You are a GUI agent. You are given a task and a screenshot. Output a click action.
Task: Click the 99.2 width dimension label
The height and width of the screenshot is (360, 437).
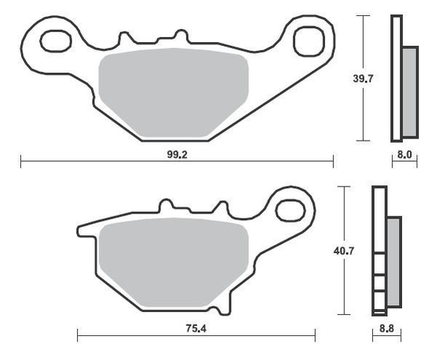coord(177,154)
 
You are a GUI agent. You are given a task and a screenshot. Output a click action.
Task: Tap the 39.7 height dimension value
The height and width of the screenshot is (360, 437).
coord(363,79)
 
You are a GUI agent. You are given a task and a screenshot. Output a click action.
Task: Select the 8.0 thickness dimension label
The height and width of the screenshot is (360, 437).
coord(404,154)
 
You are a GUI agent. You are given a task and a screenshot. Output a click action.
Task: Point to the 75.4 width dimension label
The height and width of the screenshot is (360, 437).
coord(196,329)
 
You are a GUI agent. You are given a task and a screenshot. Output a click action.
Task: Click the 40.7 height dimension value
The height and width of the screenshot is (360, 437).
coord(344,251)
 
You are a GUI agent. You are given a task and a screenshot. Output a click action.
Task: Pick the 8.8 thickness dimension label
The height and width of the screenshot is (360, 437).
coord(387,329)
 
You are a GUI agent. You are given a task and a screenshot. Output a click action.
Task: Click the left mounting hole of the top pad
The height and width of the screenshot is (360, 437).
coord(56,42)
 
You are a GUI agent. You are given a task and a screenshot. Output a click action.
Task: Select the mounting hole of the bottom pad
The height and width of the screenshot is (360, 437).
coord(290,211)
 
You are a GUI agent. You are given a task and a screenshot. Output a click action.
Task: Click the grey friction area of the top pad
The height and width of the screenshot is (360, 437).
coord(173,93)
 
